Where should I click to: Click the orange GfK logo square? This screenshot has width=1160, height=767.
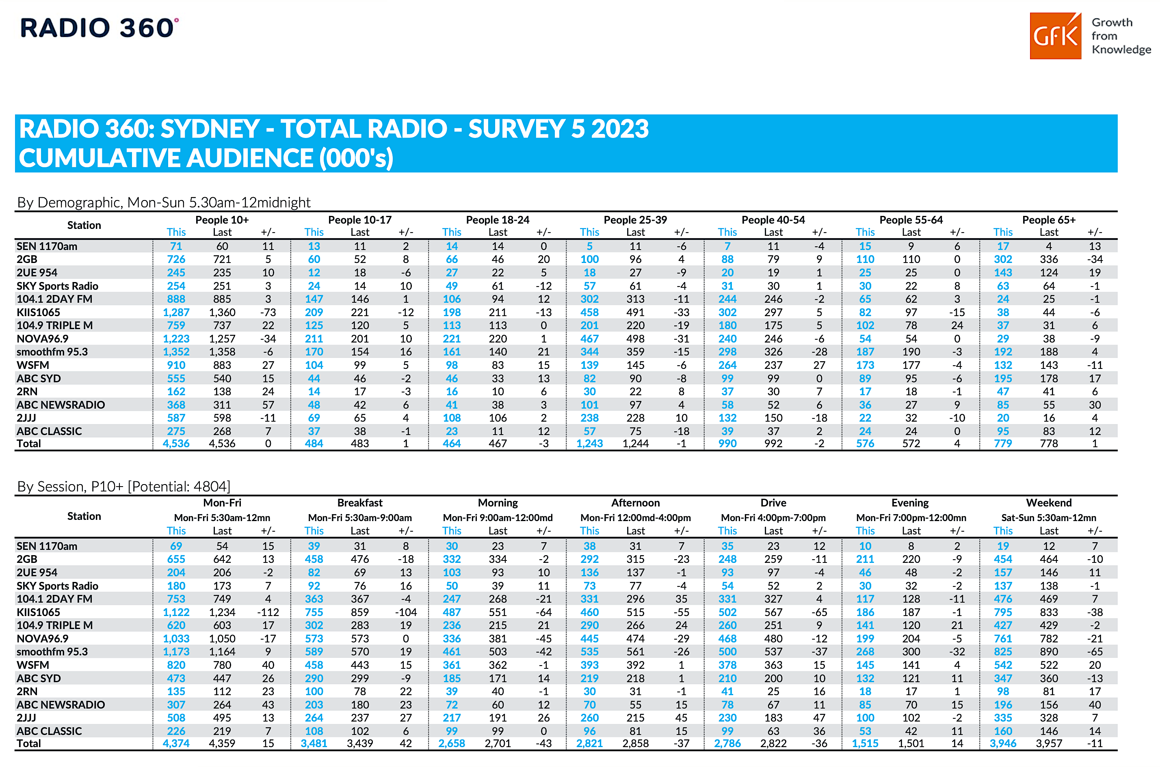(x=1055, y=36)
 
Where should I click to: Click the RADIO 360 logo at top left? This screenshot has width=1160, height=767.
(x=100, y=28)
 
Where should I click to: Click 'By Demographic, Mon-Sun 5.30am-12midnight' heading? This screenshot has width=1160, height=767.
(x=163, y=203)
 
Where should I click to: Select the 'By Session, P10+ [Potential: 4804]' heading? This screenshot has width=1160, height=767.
(x=123, y=487)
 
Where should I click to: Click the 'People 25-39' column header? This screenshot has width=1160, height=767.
(x=635, y=220)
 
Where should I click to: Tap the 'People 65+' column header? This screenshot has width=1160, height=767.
(x=1048, y=220)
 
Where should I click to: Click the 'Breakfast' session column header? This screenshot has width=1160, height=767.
(x=360, y=503)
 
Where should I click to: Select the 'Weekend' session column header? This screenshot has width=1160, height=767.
(x=1048, y=503)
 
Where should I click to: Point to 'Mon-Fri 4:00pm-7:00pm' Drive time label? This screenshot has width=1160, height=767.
(x=773, y=517)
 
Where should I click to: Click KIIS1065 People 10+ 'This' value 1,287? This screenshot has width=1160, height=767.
(x=176, y=312)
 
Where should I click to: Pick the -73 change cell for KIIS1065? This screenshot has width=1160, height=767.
(x=268, y=312)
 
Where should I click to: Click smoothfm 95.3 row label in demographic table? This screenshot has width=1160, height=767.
(x=52, y=352)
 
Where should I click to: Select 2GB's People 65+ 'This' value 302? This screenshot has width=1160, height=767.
(x=1003, y=260)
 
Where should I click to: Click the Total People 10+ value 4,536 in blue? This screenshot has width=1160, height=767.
(x=176, y=444)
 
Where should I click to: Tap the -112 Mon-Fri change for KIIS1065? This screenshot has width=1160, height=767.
(x=268, y=612)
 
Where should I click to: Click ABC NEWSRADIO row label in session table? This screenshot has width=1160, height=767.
(x=61, y=705)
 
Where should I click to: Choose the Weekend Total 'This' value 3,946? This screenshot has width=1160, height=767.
(x=1003, y=743)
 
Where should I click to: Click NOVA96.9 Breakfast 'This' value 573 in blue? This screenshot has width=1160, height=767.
(x=314, y=639)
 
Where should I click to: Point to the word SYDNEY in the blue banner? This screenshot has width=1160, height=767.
(x=210, y=129)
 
